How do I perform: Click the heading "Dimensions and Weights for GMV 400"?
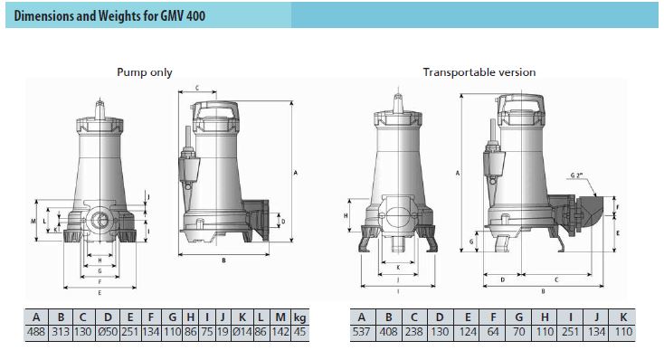[109, 16]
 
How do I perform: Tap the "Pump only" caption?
[145, 72]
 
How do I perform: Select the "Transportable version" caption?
[479, 72]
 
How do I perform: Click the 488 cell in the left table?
[36, 332]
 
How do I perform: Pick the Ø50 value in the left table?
[108, 332]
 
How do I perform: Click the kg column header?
[299, 317]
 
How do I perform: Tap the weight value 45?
[299, 332]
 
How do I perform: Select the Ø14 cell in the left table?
[242, 332]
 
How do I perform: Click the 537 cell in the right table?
[361, 332]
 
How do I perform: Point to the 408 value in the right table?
[388, 332]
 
